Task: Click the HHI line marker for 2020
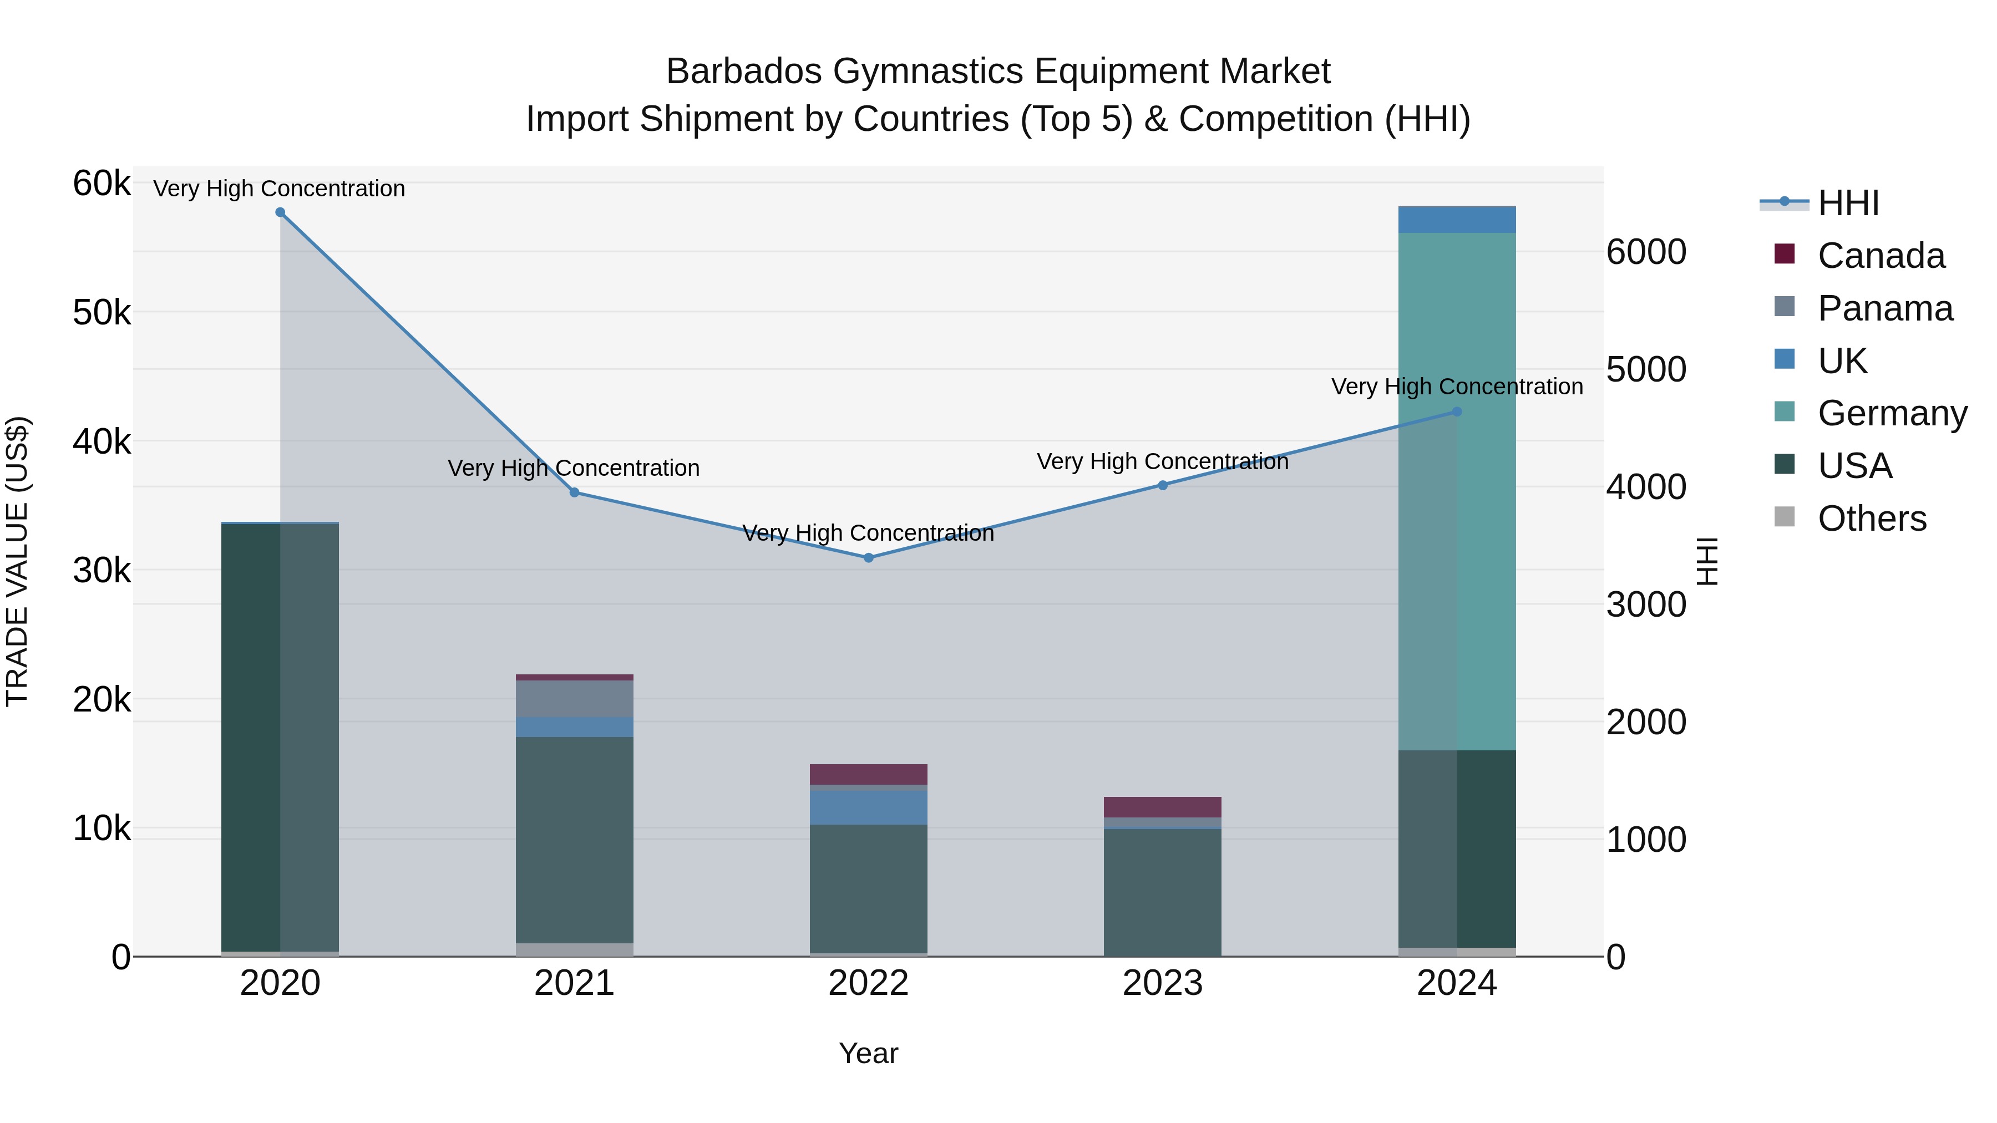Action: tap(281, 212)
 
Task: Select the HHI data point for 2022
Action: tap(868, 558)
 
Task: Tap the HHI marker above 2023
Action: tap(1163, 485)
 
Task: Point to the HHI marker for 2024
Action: tap(1457, 412)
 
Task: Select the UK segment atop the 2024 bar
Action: tap(1457, 220)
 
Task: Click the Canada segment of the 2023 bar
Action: tap(1163, 807)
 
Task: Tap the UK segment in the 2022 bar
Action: tap(868, 807)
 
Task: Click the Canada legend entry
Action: tap(1881, 256)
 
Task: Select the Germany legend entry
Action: tap(1892, 413)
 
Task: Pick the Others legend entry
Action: tap(1872, 519)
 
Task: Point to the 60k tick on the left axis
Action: tap(102, 185)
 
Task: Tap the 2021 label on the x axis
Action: tap(575, 983)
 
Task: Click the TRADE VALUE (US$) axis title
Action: tap(18, 561)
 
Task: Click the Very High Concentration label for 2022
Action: tap(868, 533)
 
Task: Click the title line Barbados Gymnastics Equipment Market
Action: tap(998, 72)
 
